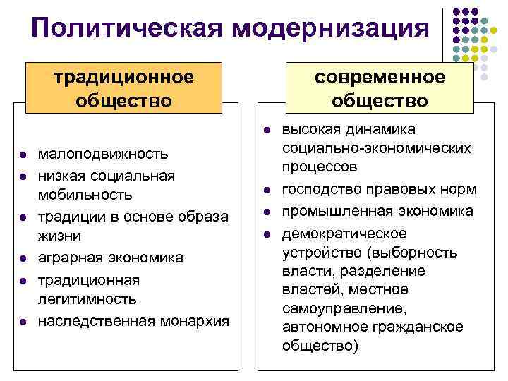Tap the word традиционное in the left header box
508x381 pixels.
[124, 76]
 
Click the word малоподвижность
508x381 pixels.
[103, 153]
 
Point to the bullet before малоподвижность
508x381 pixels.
[23, 154]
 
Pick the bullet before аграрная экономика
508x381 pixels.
[23, 259]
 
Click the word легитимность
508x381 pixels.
[87, 300]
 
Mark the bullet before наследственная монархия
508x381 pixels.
[23, 322]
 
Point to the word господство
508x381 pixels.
[318, 190]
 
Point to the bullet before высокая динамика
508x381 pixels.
[268, 131]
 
